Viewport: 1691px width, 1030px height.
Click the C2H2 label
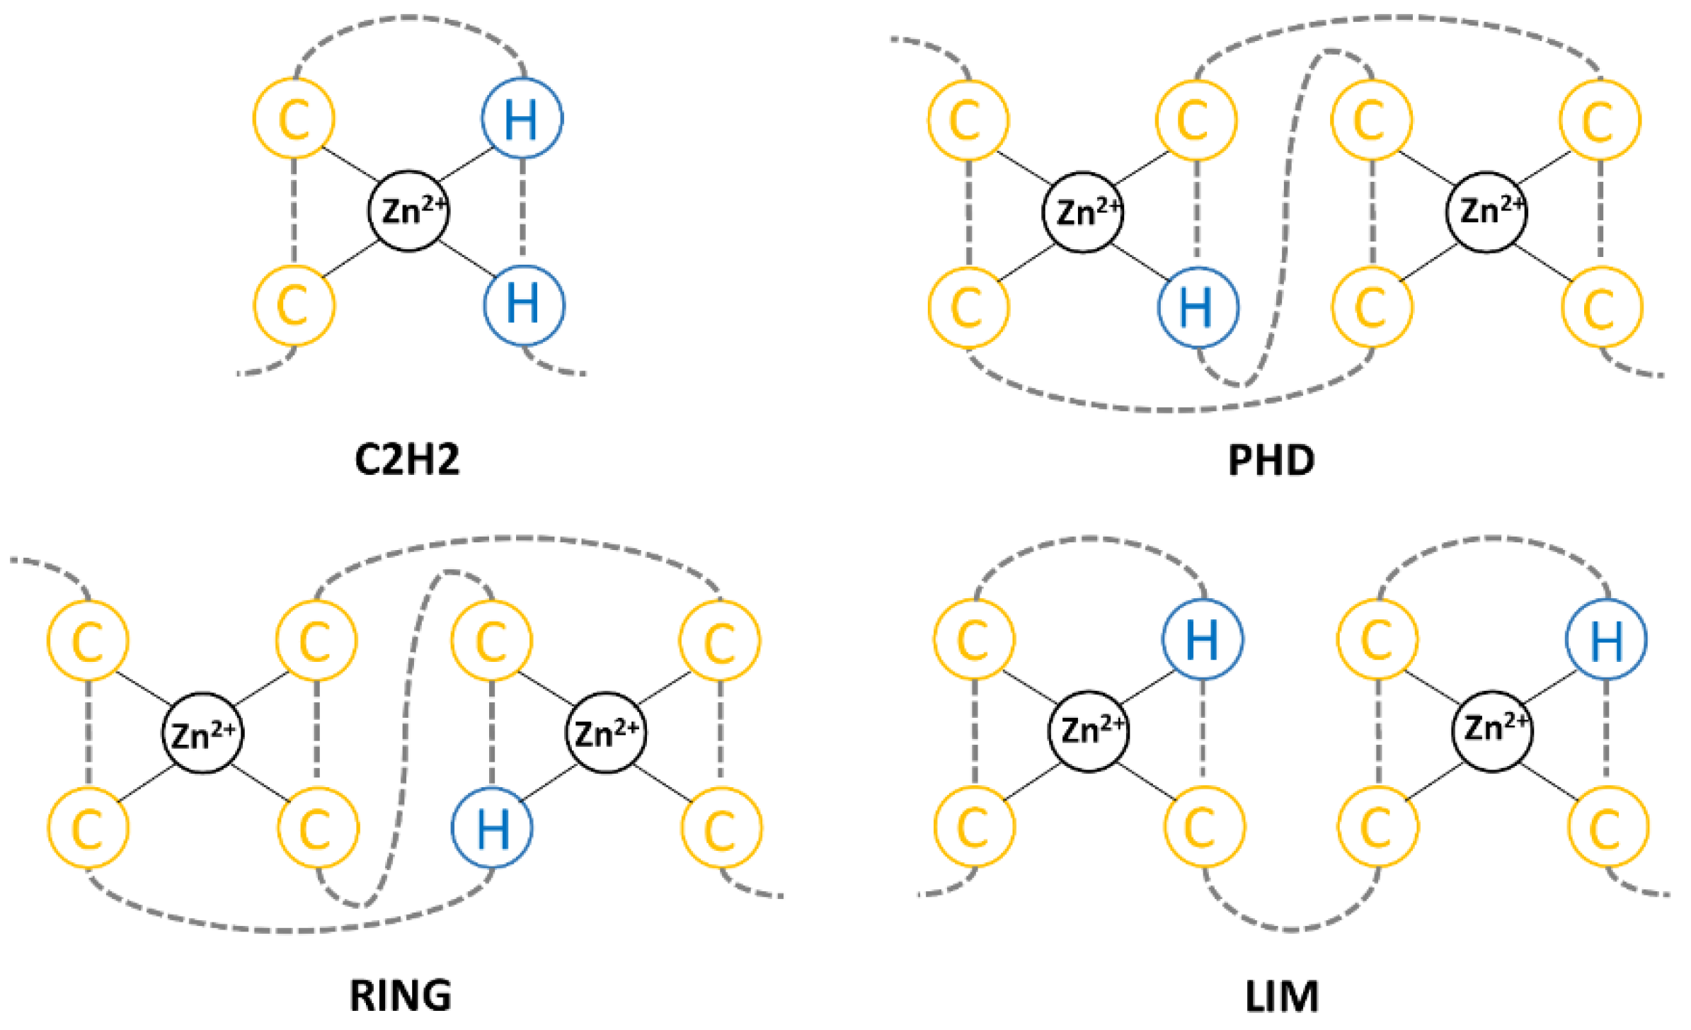pos(407,459)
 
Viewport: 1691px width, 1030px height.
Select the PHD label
pos(1271,461)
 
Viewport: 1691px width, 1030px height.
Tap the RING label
pos(401,995)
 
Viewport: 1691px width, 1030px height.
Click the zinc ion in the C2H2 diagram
pos(409,211)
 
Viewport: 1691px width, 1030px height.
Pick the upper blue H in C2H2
pos(522,118)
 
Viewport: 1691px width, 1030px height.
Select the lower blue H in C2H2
pos(524,304)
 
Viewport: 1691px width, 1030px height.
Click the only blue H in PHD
pos(1198,307)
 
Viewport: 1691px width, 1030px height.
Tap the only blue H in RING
pos(492,828)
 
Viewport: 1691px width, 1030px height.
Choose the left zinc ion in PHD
pos(1083,212)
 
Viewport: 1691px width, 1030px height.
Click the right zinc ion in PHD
pos(1486,212)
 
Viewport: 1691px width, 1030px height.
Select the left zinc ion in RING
pos(202,733)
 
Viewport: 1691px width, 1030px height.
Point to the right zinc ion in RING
pos(606,733)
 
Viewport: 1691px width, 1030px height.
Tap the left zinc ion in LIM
pos(1089,731)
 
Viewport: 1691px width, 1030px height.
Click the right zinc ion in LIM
pos(1492,731)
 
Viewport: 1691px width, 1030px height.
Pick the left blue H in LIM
pos(1203,639)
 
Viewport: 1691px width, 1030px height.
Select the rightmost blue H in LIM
pos(1606,639)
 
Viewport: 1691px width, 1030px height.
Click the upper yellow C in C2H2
pos(294,118)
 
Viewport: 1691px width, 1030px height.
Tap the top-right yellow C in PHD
pos(1600,120)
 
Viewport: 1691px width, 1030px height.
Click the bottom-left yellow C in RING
pos(88,828)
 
